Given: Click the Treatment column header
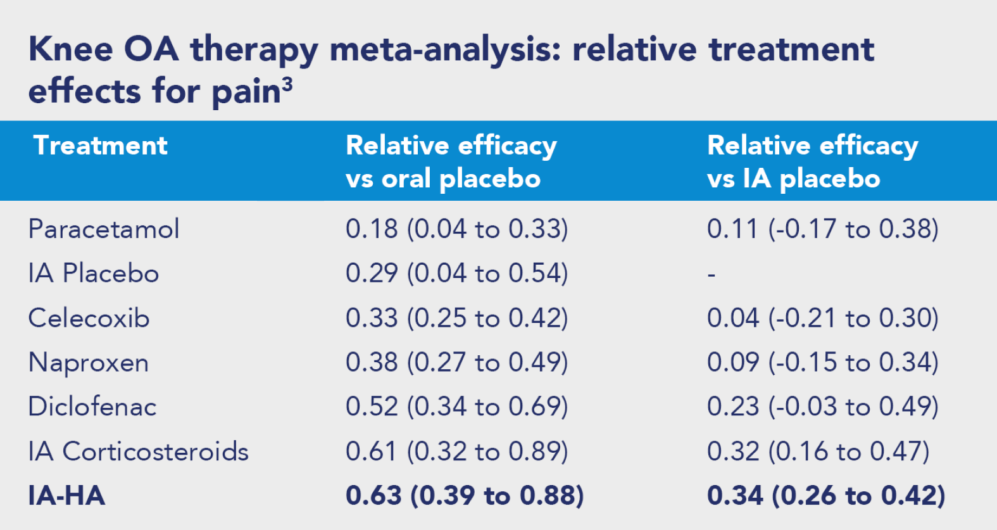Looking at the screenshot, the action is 100,146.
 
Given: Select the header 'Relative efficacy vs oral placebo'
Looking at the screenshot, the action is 451,163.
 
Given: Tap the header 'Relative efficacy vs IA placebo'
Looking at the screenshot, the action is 813,163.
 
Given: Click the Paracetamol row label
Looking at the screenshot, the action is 104,229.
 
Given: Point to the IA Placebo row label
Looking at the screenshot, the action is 94,273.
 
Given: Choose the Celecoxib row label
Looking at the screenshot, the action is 89,318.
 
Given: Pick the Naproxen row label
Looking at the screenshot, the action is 89,362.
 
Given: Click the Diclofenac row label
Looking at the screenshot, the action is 92,406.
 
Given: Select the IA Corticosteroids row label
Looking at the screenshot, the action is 139,451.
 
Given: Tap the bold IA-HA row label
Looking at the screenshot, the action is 66,496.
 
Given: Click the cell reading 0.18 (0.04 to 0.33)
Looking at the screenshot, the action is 457,229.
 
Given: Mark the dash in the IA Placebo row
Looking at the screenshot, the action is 712,275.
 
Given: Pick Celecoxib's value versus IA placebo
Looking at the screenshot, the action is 823,318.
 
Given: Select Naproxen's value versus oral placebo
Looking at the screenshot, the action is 457,362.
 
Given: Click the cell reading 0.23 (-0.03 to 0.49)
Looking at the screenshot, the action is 823,406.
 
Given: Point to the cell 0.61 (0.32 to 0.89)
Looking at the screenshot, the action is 457,451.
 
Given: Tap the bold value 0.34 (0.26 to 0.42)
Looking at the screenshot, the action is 826,496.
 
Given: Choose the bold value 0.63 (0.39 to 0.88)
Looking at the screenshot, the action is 465,496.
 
